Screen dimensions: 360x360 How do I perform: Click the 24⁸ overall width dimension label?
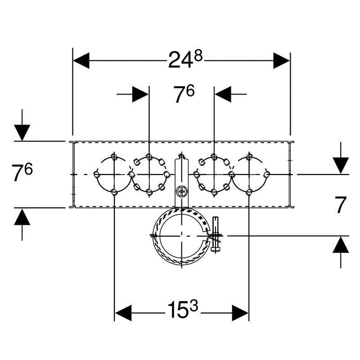(185, 59)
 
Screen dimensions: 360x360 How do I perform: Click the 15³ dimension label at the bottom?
(183, 310)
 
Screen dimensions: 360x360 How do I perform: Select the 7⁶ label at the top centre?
(184, 94)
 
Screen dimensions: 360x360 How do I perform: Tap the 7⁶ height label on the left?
(22, 172)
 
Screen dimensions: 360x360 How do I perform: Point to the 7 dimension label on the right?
(341, 205)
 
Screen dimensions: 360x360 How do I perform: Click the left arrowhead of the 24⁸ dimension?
(81, 61)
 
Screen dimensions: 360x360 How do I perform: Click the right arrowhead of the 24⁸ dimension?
(282, 61)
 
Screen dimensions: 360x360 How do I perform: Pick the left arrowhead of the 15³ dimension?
(123, 313)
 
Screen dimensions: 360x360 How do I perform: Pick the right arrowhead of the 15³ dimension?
(240, 313)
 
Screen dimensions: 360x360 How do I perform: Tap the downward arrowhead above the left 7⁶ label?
(22, 133)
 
